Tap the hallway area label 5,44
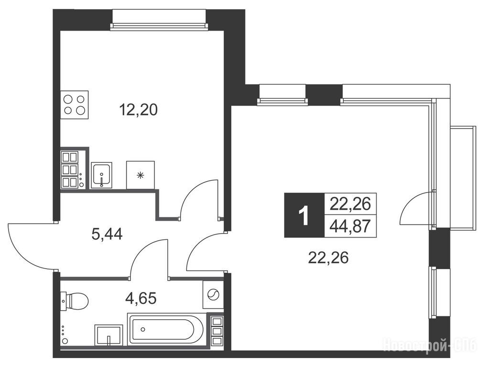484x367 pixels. (107, 234)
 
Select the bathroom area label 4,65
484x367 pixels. (141, 298)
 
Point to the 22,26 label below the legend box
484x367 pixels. (328, 258)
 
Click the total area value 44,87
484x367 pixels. (350, 227)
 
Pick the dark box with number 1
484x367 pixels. (304, 215)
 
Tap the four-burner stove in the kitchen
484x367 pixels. (75, 105)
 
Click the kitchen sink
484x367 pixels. (101, 175)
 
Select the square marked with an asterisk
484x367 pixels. (140, 175)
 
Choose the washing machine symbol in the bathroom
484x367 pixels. (213, 294)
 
